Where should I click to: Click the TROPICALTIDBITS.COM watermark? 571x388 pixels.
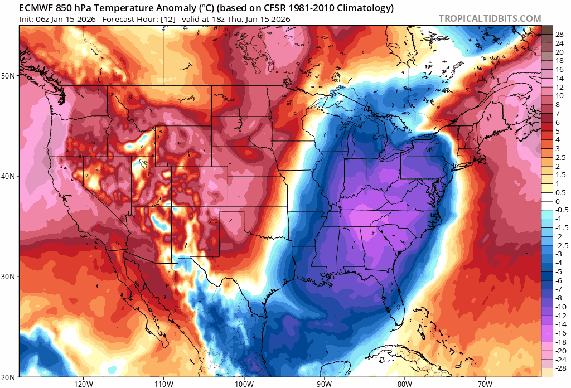(490, 18)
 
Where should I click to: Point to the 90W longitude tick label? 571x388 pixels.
(324, 384)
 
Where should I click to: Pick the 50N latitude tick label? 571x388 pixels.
(9, 75)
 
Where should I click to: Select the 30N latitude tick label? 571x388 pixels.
(9, 277)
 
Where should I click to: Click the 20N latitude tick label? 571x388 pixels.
(9, 377)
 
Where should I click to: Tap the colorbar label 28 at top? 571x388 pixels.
(559, 34)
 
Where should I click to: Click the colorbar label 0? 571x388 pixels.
(557, 201)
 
